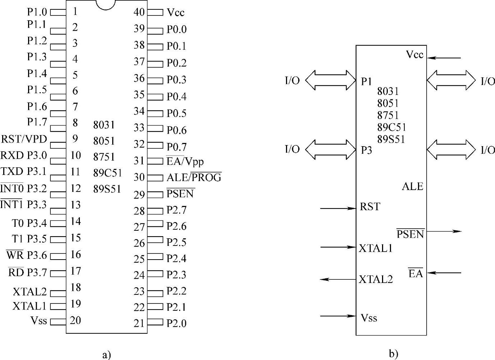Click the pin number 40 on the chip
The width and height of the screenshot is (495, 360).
pos(139,12)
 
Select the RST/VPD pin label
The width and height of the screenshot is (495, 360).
pos(24,139)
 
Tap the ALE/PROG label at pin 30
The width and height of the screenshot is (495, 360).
pos(194,177)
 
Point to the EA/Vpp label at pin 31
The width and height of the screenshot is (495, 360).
pos(185,161)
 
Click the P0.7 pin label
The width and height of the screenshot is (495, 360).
pos(177,147)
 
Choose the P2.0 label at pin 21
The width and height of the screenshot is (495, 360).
pos(177,323)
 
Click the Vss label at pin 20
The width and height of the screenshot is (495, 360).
pos(39,320)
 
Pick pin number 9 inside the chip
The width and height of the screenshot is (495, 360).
pos(75,139)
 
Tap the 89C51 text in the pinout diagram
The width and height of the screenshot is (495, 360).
pos(108,173)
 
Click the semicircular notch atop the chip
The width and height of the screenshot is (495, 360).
pos(106,4)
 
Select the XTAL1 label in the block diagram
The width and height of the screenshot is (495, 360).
pos(376,248)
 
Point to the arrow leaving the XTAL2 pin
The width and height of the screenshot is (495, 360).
pos(338,279)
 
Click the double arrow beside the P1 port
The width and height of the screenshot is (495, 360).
pos(331,80)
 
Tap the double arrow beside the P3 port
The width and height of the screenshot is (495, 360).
pos(331,149)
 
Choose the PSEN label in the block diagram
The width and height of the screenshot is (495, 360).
pos(410,234)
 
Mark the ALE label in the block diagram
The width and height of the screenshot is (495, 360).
pos(412,186)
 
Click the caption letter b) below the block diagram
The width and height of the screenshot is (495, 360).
pos(394,354)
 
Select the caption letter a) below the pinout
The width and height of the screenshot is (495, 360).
pos(106,355)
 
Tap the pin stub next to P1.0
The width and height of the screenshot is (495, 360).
pos(58,13)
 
